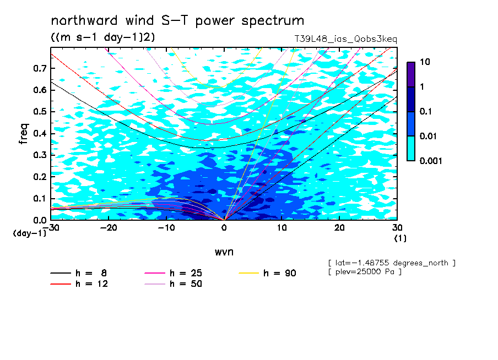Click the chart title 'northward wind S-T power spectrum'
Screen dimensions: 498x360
click(x=177, y=20)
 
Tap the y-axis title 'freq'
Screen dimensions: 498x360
click(x=24, y=134)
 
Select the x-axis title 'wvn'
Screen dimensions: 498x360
click(x=224, y=252)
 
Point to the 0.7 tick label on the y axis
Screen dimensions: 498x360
click(x=40, y=68)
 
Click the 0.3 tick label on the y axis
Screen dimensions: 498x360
click(x=40, y=155)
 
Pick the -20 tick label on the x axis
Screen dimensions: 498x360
click(x=109, y=228)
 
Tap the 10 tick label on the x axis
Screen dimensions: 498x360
click(x=282, y=228)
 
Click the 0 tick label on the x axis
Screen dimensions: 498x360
click(x=224, y=228)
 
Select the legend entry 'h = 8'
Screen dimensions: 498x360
click(x=79, y=273)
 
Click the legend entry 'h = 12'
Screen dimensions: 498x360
click(x=79, y=284)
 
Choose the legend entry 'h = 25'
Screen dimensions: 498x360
click(x=174, y=273)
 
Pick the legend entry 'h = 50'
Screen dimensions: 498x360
click(x=174, y=284)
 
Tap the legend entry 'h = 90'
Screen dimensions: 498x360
click(x=267, y=273)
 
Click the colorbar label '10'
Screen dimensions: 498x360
click(x=425, y=62)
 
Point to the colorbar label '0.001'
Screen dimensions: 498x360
click(x=431, y=161)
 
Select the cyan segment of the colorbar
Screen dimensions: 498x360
click(x=411, y=149)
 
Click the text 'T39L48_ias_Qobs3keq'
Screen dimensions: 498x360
click(x=345, y=39)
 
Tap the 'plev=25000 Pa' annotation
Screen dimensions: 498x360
click(x=365, y=272)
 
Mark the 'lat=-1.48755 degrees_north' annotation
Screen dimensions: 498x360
click(x=392, y=263)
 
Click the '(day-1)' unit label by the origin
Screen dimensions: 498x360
click(x=30, y=233)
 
